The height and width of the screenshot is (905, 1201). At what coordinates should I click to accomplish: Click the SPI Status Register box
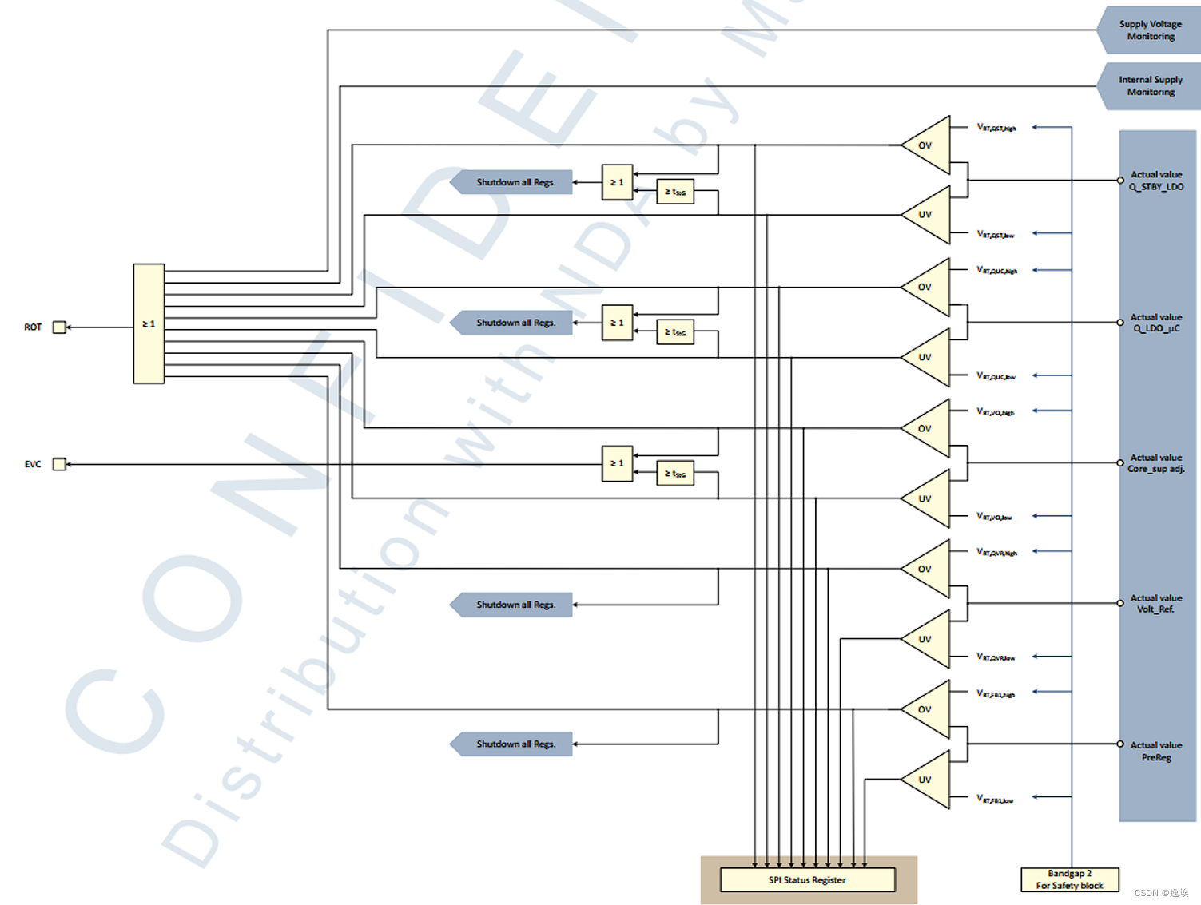pyautogui.click(x=807, y=879)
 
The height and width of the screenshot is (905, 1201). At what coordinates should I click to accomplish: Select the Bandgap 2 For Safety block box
pyautogui.click(x=1069, y=879)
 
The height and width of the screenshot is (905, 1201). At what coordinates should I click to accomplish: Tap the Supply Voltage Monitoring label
pyautogui.click(x=1150, y=30)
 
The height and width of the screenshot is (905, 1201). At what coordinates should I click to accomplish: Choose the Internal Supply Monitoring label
pyautogui.click(x=1150, y=86)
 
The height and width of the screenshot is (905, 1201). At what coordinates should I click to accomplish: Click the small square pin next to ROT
pyautogui.click(x=59, y=327)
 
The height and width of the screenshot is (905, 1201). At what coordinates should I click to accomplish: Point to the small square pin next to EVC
pyautogui.click(x=59, y=464)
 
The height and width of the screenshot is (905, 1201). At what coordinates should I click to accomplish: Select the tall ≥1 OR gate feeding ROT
pyautogui.click(x=149, y=323)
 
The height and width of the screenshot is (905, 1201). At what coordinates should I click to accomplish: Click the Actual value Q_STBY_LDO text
pyautogui.click(x=1155, y=181)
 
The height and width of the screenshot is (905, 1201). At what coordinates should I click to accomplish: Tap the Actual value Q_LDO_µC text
pyautogui.click(x=1155, y=323)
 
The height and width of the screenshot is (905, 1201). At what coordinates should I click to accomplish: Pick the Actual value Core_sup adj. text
pyautogui.click(x=1155, y=463)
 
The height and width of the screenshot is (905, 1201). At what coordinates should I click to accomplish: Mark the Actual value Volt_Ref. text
pyautogui.click(x=1155, y=603)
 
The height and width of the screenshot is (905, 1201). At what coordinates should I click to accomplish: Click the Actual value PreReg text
pyautogui.click(x=1155, y=751)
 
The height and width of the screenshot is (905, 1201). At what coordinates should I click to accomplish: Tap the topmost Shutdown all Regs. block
pyautogui.click(x=514, y=182)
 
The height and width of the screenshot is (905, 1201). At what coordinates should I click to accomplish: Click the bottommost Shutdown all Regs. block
pyautogui.click(x=514, y=744)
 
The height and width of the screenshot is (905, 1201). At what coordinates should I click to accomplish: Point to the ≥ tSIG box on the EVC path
pyautogui.click(x=675, y=474)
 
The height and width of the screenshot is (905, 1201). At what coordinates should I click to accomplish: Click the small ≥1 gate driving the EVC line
pyautogui.click(x=617, y=463)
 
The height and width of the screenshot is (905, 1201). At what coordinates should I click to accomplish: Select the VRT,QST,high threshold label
pyautogui.click(x=996, y=128)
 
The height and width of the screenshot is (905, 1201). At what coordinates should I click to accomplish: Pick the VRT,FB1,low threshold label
pyautogui.click(x=995, y=799)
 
